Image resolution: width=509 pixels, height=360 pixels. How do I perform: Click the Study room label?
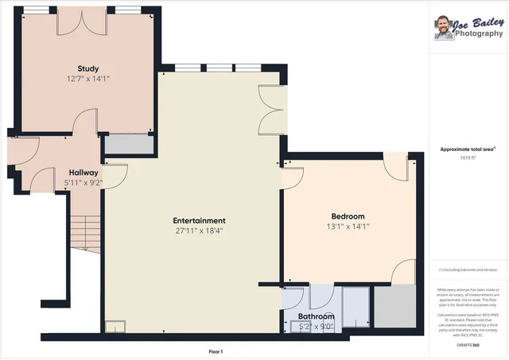point(87,68)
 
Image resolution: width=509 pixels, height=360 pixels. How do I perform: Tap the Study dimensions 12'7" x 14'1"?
point(87,79)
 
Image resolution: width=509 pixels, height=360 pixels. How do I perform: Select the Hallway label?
point(84,172)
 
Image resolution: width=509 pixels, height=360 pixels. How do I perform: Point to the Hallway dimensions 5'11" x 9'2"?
point(84,183)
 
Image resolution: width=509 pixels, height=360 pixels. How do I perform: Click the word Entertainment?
point(200,220)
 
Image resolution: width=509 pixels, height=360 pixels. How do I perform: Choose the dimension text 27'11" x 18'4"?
point(200,230)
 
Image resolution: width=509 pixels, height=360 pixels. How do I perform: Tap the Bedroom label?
point(348,216)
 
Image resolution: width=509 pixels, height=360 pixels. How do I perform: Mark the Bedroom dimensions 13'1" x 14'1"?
point(348,226)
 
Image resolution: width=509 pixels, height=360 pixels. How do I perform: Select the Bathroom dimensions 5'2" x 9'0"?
point(315,326)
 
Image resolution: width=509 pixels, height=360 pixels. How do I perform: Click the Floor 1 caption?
point(216,351)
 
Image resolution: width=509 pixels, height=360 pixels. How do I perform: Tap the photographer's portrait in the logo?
point(443,29)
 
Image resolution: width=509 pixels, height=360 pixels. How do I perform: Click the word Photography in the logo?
point(478,34)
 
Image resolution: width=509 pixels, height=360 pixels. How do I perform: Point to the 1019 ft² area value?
point(469,157)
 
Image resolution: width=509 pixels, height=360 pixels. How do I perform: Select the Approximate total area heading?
point(468,149)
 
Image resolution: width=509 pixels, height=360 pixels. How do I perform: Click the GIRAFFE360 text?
point(469,346)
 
